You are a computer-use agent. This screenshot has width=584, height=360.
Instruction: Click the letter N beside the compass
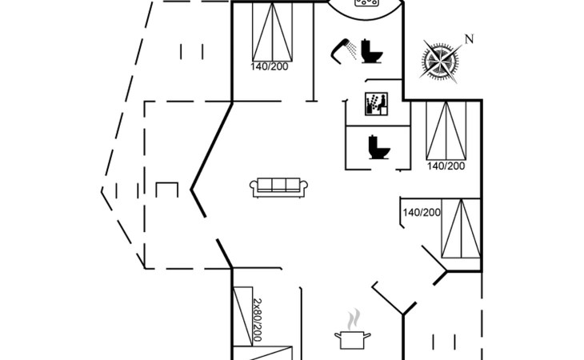point(470,39)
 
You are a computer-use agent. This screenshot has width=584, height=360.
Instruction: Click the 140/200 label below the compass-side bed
point(445,166)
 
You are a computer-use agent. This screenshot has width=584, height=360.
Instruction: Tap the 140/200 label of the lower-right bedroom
point(422,212)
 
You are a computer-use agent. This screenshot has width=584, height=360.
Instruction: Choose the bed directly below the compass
point(445,130)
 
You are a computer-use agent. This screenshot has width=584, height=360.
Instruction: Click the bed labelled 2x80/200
point(240,316)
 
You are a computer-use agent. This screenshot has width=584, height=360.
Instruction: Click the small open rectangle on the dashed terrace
point(166,191)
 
